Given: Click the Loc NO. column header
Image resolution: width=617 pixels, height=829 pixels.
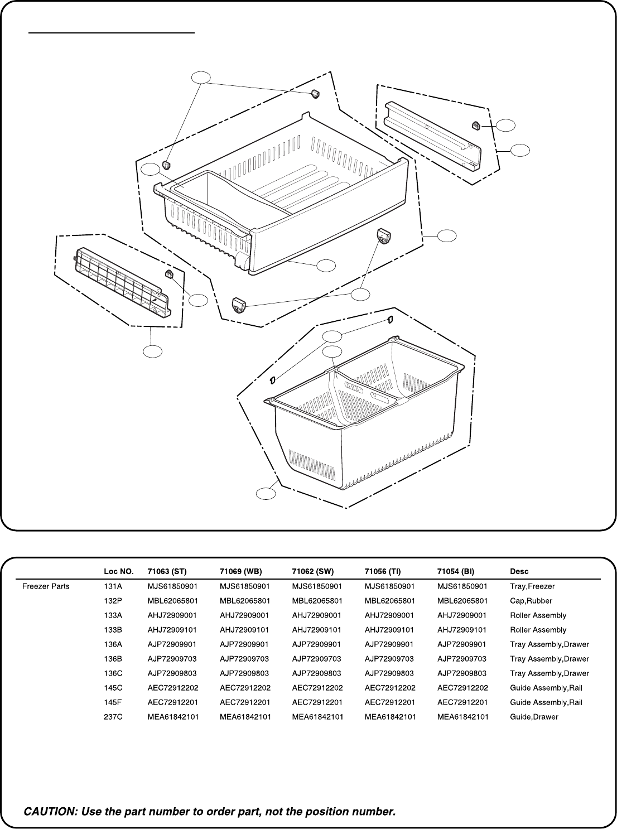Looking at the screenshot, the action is click(x=118, y=571).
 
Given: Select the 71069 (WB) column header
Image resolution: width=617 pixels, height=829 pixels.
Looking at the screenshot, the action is click(x=240, y=571).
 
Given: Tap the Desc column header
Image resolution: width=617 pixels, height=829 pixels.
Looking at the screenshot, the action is click(x=519, y=571).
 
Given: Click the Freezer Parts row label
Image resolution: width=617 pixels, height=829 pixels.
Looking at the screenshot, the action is click(x=46, y=586).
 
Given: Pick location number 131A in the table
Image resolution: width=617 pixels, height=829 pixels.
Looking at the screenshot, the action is click(x=113, y=586).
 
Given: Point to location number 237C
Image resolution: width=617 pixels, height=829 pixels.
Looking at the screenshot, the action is click(x=113, y=716).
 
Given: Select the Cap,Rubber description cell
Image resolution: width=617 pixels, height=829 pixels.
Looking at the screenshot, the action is click(x=531, y=601).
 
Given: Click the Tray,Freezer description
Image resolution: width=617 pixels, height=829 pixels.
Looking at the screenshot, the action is click(x=532, y=586).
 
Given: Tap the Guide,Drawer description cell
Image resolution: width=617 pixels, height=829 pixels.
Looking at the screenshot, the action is click(x=534, y=716).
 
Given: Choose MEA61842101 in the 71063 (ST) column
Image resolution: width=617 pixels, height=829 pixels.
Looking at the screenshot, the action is click(x=173, y=716).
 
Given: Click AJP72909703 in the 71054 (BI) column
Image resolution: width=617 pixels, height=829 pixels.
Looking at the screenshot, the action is click(x=462, y=658).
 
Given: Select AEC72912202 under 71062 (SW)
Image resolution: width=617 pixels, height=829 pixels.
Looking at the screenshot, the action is click(x=317, y=688).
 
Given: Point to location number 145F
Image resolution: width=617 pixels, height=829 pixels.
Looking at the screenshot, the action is click(x=113, y=702).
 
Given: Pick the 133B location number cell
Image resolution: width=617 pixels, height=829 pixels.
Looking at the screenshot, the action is click(x=113, y=630).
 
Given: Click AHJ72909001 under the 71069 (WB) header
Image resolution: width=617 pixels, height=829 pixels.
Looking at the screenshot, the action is click(x=244, y=615).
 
